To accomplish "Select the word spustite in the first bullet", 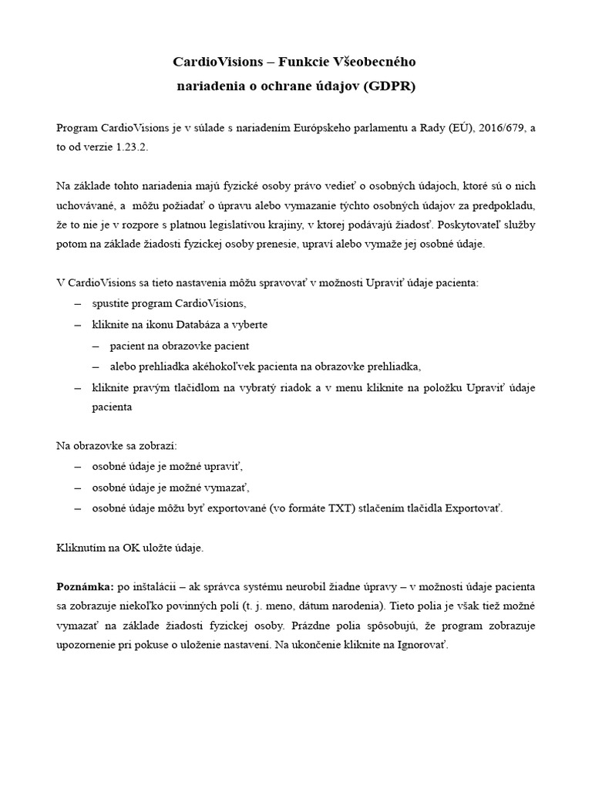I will click(x=111, y=304).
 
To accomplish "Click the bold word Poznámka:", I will click(x=86, y=588).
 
